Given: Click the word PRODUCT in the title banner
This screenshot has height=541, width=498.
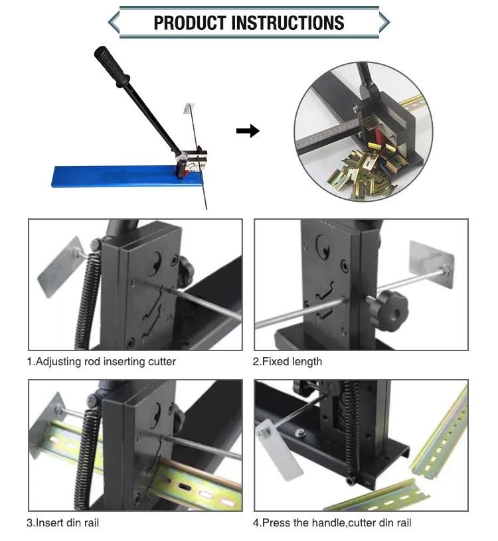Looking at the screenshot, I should pyautogui.click(x=190, y=23).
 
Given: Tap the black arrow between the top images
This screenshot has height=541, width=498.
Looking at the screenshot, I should pyautogui.click(x=248, y=131).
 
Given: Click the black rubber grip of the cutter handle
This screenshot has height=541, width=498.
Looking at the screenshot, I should pyautogui.click(x=112, y=66).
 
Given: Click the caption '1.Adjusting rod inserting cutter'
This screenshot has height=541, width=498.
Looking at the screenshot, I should pyautogui.click(x=101, y=362).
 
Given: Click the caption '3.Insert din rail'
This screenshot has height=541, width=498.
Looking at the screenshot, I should pyautogui.click(x=62, y=523).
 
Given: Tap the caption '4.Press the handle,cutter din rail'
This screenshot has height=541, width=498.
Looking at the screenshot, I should pyautogui.click(x=332, y=523).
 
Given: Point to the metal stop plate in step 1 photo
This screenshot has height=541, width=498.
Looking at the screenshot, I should pyautogui.click(x=60, y=271).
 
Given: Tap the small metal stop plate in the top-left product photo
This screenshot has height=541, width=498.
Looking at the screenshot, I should pyautogui.click(x=189, y=111).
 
